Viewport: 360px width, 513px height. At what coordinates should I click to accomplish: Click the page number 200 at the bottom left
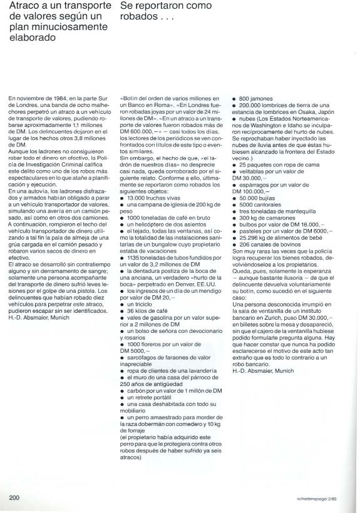click(x=16, y=497)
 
